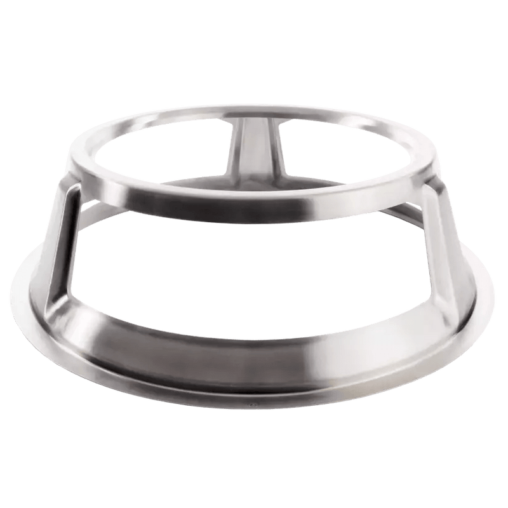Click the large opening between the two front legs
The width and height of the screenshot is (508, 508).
tap(254, 267)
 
